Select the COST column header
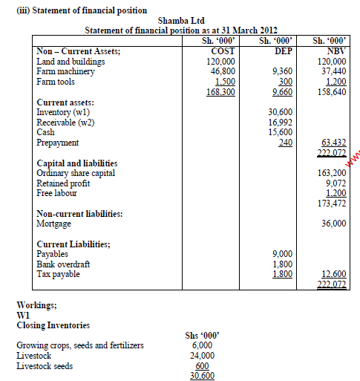point(220,51)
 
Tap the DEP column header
point(282,51)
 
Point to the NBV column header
point(331,51)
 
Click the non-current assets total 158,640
point(331,93)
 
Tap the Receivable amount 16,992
point(282,121)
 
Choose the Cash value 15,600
point(282,131)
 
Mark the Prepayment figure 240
point(285,142)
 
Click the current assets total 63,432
point(334,142)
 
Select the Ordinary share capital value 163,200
point(331,172)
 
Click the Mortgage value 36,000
point(334,224)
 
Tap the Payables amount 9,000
point(284,253)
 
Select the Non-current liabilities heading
point(79,213)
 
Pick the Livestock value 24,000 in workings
point(203,355)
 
